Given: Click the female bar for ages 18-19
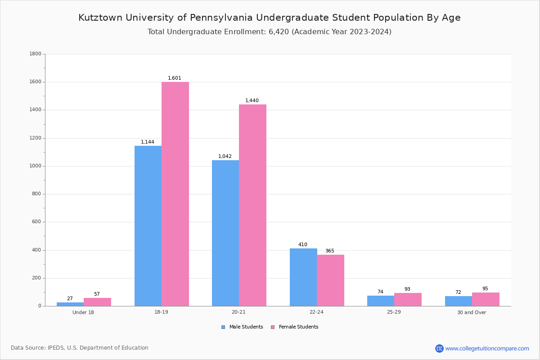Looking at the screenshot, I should coord(175,194).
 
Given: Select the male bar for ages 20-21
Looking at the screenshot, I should coord(225,233).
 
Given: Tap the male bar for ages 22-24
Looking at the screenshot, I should coord(303,277).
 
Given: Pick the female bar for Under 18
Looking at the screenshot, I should coord(97,302).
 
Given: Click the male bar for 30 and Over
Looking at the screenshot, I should coord(459,301).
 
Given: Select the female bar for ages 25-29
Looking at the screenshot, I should coord(408,300).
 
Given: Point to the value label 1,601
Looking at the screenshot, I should coord(175,78).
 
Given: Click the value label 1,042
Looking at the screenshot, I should coord(225,157).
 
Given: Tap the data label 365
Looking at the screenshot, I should coord(330,251).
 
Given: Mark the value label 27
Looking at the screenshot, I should coord(70,299).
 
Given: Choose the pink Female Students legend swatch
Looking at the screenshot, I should coord(273,327).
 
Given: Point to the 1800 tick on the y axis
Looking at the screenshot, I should coord(35,54).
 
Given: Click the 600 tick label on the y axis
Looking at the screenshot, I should coord(36,222).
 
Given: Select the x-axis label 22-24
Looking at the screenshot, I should coord(316,312).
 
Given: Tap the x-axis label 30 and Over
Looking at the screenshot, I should coord(472,312).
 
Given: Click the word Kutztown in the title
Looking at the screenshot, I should coord(100,18).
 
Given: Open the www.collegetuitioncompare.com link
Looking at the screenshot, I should coord(487,348).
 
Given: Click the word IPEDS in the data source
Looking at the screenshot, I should coord(57,348).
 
